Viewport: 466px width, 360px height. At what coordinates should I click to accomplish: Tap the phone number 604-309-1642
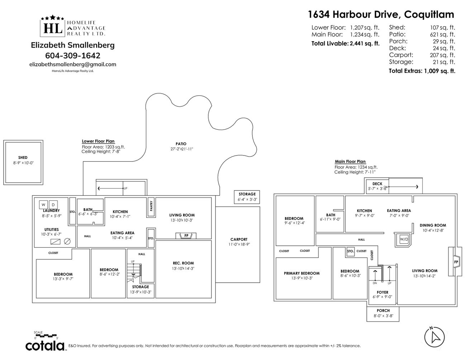point(73,56)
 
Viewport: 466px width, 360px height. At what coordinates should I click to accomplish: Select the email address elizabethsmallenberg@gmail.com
point(73,64)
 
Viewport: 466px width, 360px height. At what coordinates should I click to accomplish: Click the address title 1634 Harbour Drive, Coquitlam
point(381,14)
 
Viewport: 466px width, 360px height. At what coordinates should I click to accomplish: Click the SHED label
point(23,158)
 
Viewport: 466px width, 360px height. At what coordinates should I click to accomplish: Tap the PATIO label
point(181,144)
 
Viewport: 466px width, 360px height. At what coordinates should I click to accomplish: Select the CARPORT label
point(239,239)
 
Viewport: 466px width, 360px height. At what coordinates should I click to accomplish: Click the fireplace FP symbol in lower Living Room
point(186,236)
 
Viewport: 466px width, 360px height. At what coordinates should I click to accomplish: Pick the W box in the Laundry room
point(43,205)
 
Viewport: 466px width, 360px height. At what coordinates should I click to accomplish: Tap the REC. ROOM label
point(183,263)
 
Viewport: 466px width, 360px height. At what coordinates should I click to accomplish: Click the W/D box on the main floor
point(404,239)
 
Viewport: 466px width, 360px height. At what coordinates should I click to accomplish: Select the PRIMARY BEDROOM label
point(301,273)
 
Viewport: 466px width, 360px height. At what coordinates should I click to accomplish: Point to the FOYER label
point(382,292)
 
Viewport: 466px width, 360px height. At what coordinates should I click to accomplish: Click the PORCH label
point(383,311)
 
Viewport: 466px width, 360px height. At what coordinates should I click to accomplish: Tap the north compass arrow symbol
point(435,337)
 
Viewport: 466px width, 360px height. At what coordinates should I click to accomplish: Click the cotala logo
point(45,345)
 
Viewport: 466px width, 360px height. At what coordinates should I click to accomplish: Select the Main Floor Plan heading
point(350,162)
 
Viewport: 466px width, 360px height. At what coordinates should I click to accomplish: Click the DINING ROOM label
point(433,225)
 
